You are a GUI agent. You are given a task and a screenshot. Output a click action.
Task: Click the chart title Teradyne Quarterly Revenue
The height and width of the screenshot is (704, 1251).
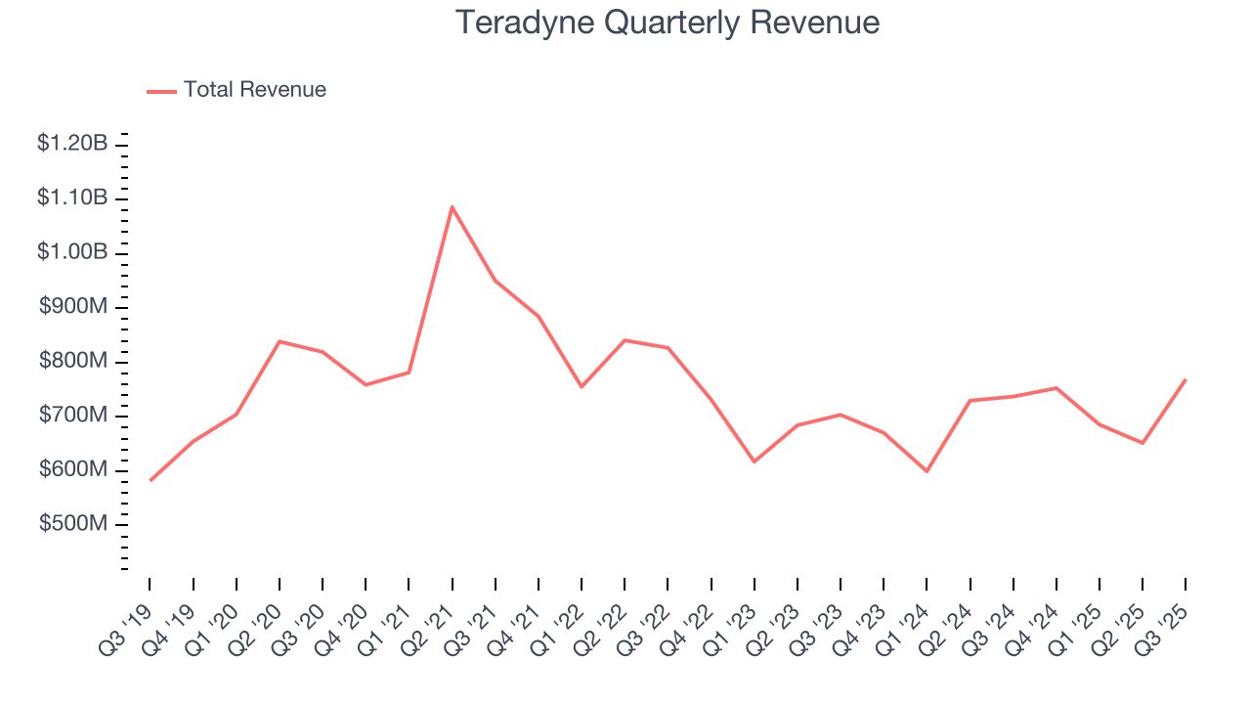coord(668,22)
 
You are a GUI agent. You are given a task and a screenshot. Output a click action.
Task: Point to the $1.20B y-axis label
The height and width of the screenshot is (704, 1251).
coord(72,144)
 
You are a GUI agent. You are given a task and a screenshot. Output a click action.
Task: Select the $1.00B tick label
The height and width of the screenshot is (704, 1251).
coord(72,252)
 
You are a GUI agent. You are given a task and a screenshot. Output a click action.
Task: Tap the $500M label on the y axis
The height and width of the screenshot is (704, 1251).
coord(73,524)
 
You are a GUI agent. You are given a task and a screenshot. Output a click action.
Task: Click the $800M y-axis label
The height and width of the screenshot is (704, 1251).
coord(73,361)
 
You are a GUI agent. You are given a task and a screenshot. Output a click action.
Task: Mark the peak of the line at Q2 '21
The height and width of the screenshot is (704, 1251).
coord(452,206)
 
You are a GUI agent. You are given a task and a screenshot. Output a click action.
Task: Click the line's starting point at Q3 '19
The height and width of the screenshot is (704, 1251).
coord(150,481)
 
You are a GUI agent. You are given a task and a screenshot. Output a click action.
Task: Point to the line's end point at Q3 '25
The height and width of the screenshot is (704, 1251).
coord(1186,379)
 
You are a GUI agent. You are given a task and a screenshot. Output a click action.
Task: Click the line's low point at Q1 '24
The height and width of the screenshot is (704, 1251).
coord(927,471)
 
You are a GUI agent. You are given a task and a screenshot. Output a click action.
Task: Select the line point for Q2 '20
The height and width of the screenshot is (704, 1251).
coord(280,341)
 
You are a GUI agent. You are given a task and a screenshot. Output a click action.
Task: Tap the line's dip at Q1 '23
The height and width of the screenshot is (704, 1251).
coord(754,462)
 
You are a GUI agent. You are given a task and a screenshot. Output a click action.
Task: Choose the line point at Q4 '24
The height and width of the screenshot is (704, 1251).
coord(1056,388)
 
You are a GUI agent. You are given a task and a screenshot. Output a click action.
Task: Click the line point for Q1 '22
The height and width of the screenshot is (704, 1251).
coord(582,387)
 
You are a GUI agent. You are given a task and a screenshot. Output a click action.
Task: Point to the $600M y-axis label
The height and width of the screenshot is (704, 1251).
coord(73,469)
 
